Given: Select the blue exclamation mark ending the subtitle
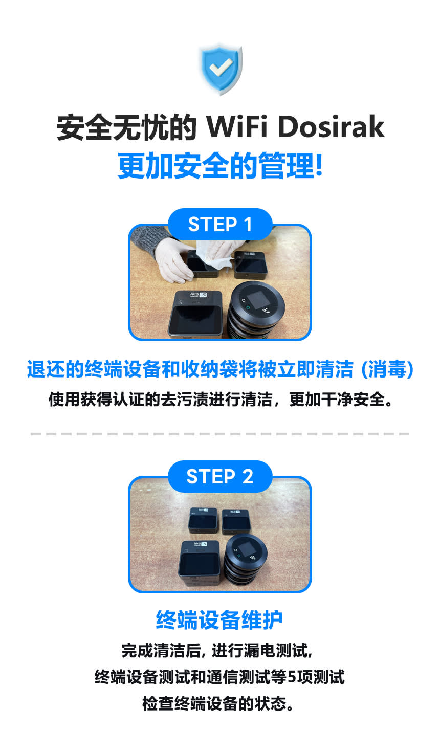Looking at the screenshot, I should coord(319,166).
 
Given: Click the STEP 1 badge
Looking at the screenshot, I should coord(220,224).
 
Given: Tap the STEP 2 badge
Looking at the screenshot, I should coord(220,476).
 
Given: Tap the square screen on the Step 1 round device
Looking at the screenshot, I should coord(253,301).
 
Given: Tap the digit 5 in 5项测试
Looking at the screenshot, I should coord(292,677).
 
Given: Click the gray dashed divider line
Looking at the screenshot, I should coord(220,434).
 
